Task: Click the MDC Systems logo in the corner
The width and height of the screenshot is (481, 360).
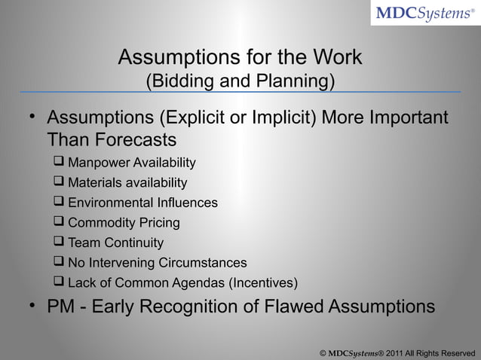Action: [426, 14]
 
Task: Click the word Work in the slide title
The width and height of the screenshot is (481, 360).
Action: [336, 58]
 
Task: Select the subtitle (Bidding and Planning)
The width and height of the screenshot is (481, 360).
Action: [240, 80]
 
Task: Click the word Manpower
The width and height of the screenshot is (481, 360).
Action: [99, 163]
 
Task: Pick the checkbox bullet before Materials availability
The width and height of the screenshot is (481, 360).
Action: [59, 183]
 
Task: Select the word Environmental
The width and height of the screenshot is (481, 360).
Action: [112, 203]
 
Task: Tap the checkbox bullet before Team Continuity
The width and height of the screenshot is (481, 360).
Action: [59, 243]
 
